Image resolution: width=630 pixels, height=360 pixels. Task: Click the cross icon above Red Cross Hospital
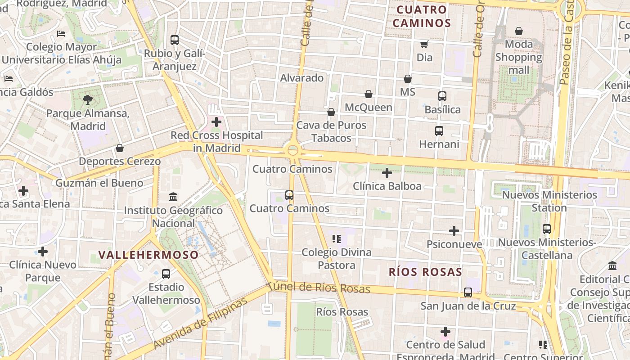pos(216,122)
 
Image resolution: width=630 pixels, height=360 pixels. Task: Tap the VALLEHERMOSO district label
pos(148,255)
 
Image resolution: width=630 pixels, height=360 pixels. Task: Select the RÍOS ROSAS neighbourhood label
pos(425,272)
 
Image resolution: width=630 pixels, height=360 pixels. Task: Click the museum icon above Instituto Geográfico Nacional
pos(173,197)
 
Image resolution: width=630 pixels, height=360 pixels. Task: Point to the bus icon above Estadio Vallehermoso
pos(166,274)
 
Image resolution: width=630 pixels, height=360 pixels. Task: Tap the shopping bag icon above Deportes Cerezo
pos(120,148)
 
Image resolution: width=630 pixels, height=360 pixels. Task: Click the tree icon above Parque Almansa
pos(88,100)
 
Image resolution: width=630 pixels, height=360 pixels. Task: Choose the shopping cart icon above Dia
pos(424,44)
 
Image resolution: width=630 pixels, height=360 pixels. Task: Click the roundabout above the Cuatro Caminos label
pos(293,150)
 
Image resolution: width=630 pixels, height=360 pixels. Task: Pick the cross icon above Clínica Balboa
pos(387,173)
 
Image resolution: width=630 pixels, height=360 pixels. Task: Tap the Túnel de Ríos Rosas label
pos(319,288)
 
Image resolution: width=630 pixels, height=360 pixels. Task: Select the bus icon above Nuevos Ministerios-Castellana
pos(547,229)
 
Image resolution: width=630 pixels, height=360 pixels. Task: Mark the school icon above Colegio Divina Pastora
pos(337,239)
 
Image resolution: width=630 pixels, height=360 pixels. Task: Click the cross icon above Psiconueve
pos(454,231)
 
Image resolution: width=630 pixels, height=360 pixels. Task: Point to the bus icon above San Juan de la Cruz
pos(468,292)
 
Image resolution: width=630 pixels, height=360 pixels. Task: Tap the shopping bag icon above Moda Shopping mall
pos(519,31)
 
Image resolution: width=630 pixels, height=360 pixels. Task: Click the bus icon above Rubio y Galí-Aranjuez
pos(175,40)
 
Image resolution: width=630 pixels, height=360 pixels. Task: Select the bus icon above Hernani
pos(439,131)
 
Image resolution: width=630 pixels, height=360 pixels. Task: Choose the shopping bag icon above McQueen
pos(369,94)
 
